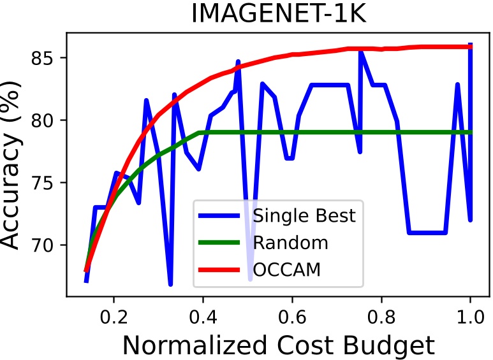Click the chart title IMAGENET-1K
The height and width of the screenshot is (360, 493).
[279, 14]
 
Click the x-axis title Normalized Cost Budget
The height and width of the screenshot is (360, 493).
[279, 345]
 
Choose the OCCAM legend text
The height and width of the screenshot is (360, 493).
[286, 270]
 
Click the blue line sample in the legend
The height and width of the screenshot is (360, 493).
[222, 215]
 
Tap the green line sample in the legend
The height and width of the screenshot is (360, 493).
[222, 243]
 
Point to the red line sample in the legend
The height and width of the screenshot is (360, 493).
[222, 270]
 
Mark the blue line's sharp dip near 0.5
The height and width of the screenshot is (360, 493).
[250, 279]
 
